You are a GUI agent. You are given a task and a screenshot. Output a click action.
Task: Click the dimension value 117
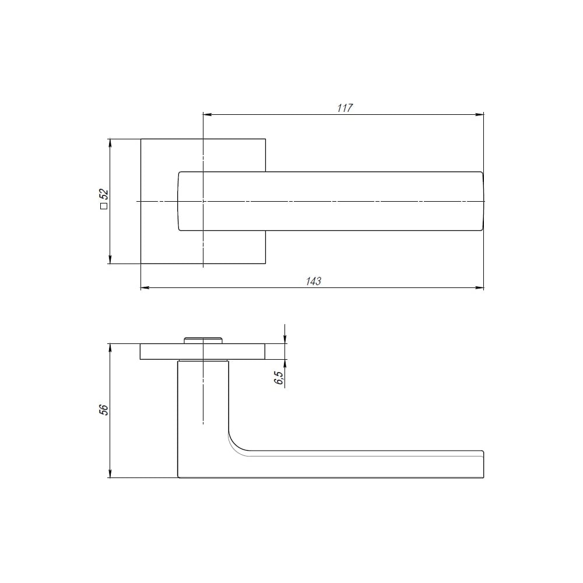(345, 108)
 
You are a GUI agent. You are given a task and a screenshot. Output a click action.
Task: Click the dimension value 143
(314, 281)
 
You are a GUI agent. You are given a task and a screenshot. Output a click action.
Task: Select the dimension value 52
(104, 194)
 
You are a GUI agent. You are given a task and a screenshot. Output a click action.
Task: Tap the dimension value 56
(104, 409)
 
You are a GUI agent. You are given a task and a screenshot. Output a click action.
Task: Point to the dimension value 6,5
(279, 378)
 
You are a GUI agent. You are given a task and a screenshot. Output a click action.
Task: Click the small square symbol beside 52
(104, 206)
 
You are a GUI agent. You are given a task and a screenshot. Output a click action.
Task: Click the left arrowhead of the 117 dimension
(208, 114)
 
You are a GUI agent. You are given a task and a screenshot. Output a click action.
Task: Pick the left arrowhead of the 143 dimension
(145, 287)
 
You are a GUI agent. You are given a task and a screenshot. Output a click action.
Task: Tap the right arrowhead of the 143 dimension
(480, 287)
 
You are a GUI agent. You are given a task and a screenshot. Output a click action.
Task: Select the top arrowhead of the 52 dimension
(110, 143)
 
